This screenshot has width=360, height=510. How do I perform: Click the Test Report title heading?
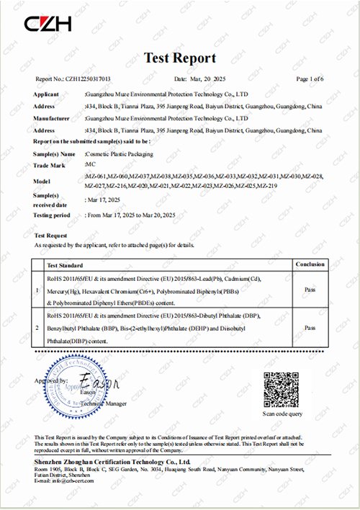179,58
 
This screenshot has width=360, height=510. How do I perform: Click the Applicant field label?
46,94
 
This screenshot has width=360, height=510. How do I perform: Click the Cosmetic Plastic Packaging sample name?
120,154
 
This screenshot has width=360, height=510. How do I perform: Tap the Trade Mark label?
48,166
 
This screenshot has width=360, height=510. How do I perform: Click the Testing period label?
52,215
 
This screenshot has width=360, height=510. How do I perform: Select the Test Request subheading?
50,236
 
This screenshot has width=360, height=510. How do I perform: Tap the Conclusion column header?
310,264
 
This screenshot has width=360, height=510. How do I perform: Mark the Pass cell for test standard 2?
310,327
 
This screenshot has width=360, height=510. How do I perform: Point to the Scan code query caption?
282,414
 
